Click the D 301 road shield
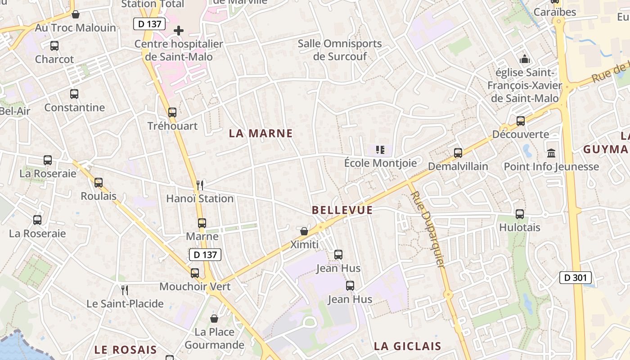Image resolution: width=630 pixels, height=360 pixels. pos(576,278)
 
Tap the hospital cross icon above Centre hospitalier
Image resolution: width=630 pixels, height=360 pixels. pos(179,31)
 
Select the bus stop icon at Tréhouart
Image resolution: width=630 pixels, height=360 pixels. pos(172,112)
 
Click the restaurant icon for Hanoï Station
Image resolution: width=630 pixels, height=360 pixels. pos(200,185)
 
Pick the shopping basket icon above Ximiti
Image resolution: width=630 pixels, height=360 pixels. pos(304,231)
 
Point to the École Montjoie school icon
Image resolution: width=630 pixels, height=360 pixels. pos(380,149)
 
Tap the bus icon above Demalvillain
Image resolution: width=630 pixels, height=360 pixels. pos(458,153)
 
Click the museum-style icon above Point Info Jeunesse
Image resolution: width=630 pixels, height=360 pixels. pos(551,153)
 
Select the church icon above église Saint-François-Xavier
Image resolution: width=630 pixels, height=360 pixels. pos(524,59)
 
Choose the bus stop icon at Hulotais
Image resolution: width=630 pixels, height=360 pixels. pos(520,214)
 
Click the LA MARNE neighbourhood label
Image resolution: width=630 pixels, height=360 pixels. pos(261,134)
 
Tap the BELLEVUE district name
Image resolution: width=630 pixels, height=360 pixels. pos(342,210)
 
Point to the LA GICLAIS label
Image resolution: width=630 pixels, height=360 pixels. pos(408,346)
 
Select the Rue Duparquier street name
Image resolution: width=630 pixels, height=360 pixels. pos(427,229)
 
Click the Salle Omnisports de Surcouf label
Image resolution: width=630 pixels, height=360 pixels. pos(340,50)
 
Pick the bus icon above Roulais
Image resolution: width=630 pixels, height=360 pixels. pos(99,183)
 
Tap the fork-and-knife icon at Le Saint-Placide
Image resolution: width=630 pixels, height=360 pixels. pos(125,290)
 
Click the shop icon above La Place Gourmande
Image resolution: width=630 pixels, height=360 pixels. pos(214,319)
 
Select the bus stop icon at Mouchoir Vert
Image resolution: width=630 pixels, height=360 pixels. pos(195,273)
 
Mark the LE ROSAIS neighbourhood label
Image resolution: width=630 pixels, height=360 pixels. pos(126,350)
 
